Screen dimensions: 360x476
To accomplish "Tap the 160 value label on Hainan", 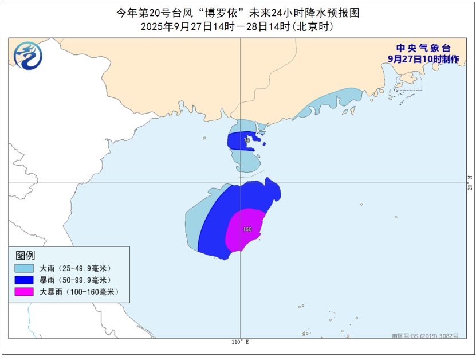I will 247,229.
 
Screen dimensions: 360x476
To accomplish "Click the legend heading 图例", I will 25,255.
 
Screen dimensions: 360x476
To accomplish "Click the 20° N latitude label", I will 470,183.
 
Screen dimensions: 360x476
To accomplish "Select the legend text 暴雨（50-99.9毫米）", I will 74,280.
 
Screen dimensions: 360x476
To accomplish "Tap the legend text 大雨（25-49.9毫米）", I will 74,268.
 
